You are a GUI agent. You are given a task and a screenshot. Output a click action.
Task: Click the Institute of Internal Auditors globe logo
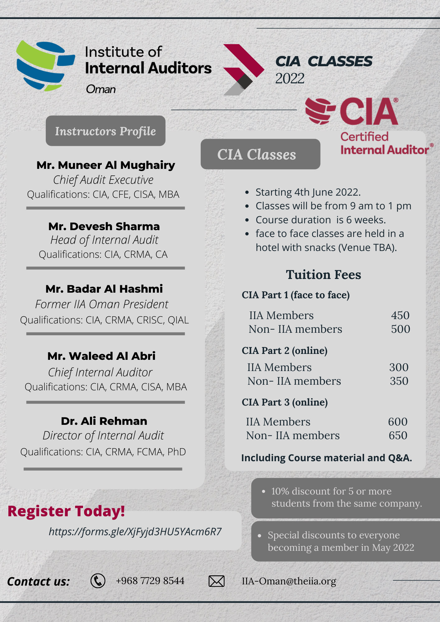(45, 66)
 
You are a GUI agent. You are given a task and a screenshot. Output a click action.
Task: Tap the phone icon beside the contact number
(98, 581)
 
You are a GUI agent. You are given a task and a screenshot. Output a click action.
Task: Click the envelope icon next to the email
(216, 581)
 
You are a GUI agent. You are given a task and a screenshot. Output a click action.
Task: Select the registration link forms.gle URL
(135, 531)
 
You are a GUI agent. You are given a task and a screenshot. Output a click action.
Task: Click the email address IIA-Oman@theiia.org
(289, 581)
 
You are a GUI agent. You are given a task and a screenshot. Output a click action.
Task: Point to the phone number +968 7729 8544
(150, 581)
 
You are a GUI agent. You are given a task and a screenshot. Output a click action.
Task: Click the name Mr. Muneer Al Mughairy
(105, 165)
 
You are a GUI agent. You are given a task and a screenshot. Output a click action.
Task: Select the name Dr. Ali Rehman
(104, 421)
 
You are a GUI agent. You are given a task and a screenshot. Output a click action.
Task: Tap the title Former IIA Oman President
(101, 304)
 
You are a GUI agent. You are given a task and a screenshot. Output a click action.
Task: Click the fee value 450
(400, 315)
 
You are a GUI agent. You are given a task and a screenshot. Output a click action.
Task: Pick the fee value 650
(398, 435)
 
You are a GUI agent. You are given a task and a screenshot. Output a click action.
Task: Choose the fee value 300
(399, 367)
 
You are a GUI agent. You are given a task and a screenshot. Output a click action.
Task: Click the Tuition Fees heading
(323, 275)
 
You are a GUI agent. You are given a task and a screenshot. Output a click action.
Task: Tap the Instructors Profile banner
(105, 131)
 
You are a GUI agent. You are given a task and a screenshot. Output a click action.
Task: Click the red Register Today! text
(66, 511)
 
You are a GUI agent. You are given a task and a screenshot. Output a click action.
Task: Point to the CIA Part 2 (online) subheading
(284, 350)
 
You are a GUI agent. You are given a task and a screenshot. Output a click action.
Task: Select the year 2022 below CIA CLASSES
(290, 78)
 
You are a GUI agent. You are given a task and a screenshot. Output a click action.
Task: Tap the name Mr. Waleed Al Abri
(101, 356)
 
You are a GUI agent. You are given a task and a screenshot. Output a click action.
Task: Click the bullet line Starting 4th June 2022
(308, 192)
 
